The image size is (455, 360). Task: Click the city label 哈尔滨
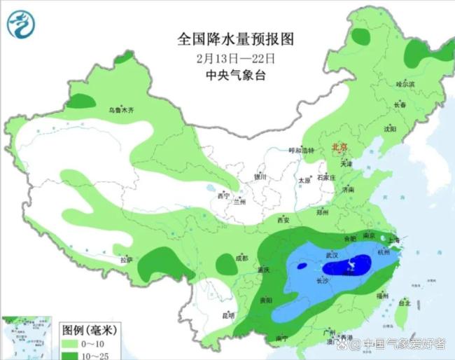point(405,83)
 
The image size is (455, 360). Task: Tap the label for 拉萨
point(125,260)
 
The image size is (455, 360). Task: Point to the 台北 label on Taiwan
point(404,303)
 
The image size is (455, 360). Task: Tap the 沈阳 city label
point(389,129)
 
